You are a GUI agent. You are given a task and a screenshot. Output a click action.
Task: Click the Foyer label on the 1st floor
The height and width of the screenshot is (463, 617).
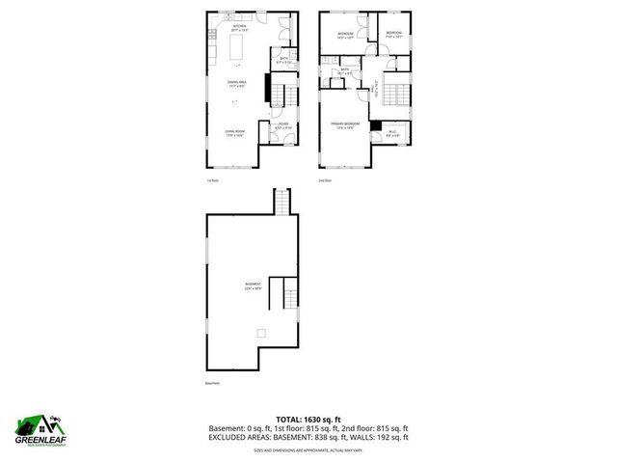[283, 125]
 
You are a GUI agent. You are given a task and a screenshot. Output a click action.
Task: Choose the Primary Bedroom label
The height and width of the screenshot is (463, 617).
[345, 125]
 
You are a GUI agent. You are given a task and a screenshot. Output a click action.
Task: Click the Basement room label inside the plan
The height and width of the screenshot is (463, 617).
[254, 286]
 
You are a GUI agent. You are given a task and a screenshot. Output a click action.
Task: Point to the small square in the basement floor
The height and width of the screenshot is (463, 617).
[260, 334]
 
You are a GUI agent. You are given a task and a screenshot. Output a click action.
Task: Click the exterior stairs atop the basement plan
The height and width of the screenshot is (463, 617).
[282, 203]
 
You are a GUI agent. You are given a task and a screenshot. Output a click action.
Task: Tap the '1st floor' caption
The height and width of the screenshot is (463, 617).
[213, 180]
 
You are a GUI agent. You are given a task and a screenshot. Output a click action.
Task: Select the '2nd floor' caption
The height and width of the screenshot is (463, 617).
[324, 180]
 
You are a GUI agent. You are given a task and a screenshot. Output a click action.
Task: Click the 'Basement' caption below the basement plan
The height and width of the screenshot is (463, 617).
[212, 384]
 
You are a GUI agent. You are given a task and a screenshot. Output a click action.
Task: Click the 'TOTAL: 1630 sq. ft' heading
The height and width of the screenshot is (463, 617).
[308, 418]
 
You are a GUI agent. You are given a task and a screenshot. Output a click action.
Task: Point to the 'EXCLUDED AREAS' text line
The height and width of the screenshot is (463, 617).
[308, 437]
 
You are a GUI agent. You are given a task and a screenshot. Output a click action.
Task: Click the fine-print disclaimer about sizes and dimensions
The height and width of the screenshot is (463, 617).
[308, 449]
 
